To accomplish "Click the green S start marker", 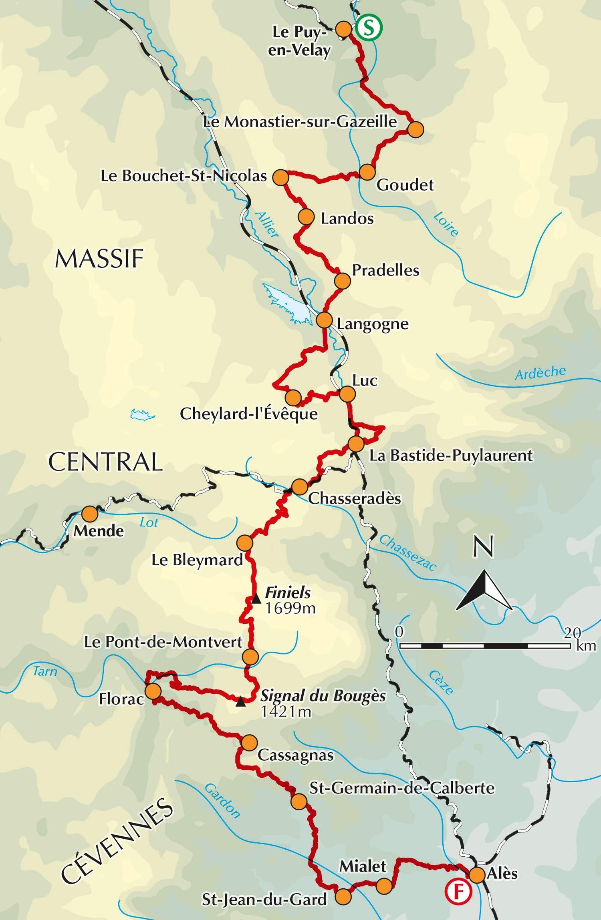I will pyautogui.click(x=369, y=27).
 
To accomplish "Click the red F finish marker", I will pyautogui.click(x=458, y=891).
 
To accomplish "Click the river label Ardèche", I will pyautogui.click(x=540, y=373).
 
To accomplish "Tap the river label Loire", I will pyautogui.click(x=446, y=225).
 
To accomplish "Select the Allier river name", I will pyautogui.click(x=266, y=224).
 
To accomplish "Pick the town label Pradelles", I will pyautogui.click(x=385, y=270).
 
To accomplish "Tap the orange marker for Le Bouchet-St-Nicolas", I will pyautogui.click(x=281, y=177).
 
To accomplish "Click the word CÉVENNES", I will pyautogui.click(x=117, y=840).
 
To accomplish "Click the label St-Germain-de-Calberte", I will pyautogui.click(x=402, y=788).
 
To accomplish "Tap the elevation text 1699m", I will pyautogui.click(x=290, y=609).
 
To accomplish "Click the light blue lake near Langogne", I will pyautogui.click(x=288, y=303).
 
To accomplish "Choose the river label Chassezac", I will pyautogui.click(x=407, y=553).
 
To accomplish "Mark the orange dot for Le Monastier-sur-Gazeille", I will pyautogui.click(x=415, y=130).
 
